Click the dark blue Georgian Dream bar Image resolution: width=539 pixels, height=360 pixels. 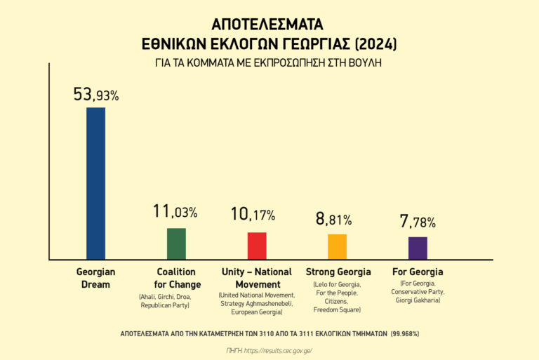pyautogui.click(x=95, y=183)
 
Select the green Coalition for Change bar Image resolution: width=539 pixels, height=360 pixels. pyautogui.click(x=176, y=244)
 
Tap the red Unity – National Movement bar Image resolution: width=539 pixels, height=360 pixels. pyautogui.click(x=257, y=246)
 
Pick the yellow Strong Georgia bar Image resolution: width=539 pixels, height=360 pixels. pyautogui.click(x=337, y=246)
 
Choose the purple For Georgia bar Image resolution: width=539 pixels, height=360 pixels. pyautogui.click(x=418, y=248)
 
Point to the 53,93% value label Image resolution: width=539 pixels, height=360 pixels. pyautogui.click(x=96, y=95)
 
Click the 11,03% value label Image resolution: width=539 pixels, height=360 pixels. pyautogui.click(x=175, y=211)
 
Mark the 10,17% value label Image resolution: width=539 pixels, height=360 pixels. pyautogui.click(x=253, y=215)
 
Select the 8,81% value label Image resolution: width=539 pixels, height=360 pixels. pyautogui.click(x=334, y=219)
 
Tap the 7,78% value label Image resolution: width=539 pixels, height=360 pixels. pyautogui.click(x=418, y=222)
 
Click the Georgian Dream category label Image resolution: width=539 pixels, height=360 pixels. pyautogui.click(x=95, y=278)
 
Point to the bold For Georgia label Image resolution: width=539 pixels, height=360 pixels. pyautogui.click(x=418, y=272)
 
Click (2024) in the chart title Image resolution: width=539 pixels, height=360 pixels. pyautogui.click(x=375, y=44)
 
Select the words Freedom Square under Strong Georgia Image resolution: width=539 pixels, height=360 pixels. pyautogui.click(x=338, y=309)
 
